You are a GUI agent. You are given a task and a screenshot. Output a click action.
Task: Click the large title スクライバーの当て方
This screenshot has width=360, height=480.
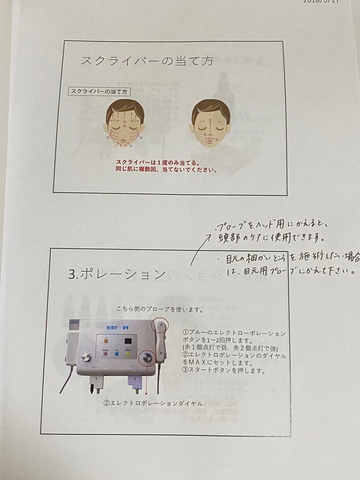click(147, 61)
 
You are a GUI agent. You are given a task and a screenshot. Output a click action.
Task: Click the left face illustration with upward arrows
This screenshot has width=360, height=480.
click(125, 123)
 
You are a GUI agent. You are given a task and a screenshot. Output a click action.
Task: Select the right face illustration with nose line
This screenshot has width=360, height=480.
click(210, 123)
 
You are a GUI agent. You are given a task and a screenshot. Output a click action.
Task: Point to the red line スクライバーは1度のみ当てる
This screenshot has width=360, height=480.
click(157, 163)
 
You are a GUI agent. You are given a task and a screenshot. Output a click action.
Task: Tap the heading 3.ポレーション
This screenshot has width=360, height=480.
click(117, 274)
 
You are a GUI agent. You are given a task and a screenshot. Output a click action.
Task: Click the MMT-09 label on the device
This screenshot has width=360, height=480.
click(117, 328)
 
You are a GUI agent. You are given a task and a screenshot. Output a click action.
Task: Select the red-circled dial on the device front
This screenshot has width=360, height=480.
click(147, 357)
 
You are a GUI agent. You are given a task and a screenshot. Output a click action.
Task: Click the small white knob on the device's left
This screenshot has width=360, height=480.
click(87, 357)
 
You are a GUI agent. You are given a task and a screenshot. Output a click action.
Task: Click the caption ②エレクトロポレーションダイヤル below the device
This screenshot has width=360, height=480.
click(153, 403)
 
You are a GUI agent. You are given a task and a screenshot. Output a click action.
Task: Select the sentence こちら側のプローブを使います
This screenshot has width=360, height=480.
click(160, 309)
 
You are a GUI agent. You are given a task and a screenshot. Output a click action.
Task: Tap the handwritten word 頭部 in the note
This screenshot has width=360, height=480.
click(227, 238)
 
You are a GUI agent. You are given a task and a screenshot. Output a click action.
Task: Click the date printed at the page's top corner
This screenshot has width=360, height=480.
click(320, 1)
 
